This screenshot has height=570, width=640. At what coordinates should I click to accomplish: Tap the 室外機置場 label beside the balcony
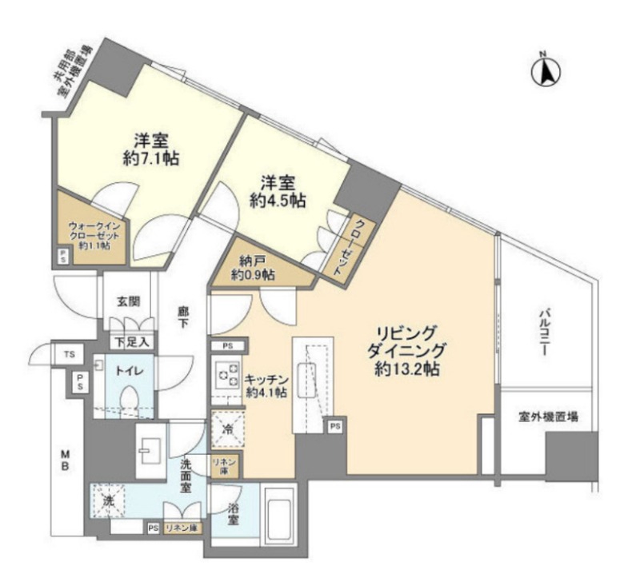(x=548, y=417)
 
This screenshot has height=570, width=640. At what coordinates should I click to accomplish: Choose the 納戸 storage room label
(x=253, y=268)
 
